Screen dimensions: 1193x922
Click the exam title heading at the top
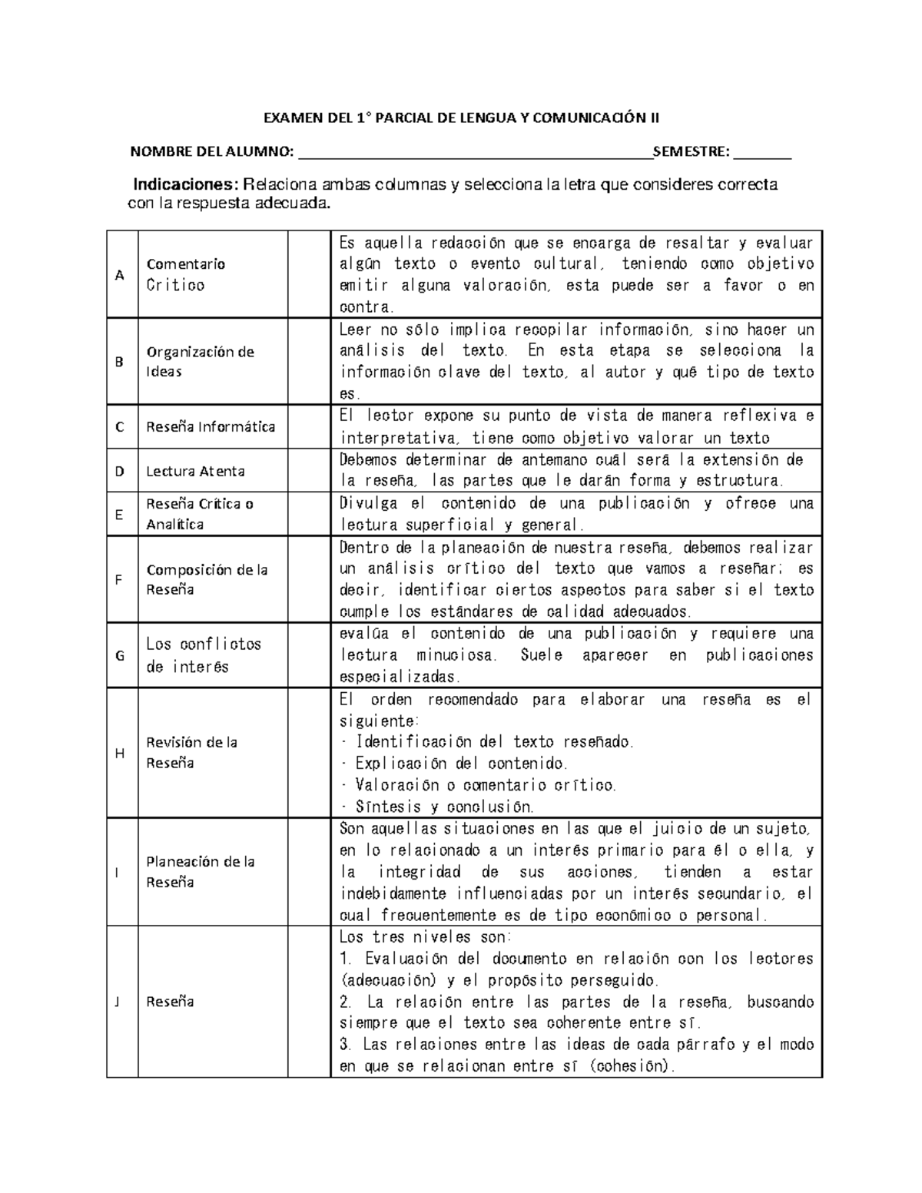pos(461,118)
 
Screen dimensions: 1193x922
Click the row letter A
pos(119,275)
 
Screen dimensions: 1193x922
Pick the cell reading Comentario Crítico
pos(185,274)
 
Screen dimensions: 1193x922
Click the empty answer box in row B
pos(309,361)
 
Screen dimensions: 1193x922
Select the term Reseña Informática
pos(211,427)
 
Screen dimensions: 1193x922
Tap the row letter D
pos(119,472)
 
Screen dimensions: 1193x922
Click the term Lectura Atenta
pos(195,472)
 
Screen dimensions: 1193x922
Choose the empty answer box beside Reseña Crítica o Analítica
pos(309,514)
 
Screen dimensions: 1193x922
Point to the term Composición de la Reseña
pos(207,580)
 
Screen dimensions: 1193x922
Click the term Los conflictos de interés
pos(204,655)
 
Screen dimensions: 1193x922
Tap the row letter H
pos(119,754)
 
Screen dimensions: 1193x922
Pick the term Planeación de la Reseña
pos(200,872)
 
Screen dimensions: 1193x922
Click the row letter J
pos(118,1002)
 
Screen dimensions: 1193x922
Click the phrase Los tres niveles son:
pos(419,937)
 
